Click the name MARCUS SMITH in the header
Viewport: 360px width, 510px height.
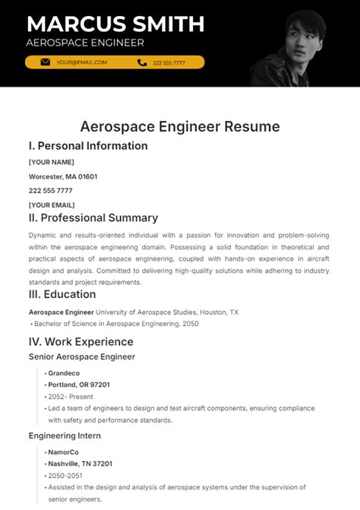[x=115, y=24]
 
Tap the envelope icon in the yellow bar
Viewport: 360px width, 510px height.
[x=46, y=62]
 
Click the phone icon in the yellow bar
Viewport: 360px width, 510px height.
[x=141, y=62]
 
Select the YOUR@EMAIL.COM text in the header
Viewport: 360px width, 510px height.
[x=81, y=62]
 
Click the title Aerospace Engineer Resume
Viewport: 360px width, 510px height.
[x=180, y=126]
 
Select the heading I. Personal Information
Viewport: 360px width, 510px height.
[x=88, y=146]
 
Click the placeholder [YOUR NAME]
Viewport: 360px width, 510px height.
[x=51, y=162]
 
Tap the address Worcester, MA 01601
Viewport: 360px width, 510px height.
[x=63, y=176]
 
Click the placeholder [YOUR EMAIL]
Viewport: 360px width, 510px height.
[x=52, y=204]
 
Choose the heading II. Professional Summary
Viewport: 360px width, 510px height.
[x=93, y=218]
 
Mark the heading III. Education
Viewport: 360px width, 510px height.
[x=62, y=294]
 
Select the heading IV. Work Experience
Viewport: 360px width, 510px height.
[x=81, y=341]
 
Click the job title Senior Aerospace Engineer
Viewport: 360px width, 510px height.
[x=82, y=356]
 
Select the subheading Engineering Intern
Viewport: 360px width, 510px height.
[x=65, y=436]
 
